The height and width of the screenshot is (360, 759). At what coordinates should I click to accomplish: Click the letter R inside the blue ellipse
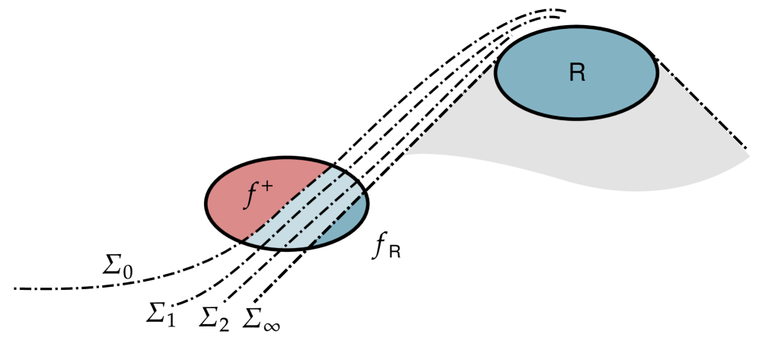click(x=576, y=73)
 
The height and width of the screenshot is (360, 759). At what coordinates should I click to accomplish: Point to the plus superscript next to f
click(x=266, y=186)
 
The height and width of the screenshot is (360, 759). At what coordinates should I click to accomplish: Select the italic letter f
click(x=250, y=196)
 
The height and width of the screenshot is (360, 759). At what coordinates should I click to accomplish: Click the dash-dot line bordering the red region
click(x=287, y=203)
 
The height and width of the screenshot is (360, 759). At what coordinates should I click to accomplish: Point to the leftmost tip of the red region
click(x=209, y=203)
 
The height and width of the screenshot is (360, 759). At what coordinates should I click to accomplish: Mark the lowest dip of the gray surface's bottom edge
click(x=632, y=190)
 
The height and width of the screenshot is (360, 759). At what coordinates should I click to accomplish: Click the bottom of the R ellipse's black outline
click(x=576, y=118)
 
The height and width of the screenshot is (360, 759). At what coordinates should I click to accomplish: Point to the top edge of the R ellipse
click(x=576, y=29)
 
